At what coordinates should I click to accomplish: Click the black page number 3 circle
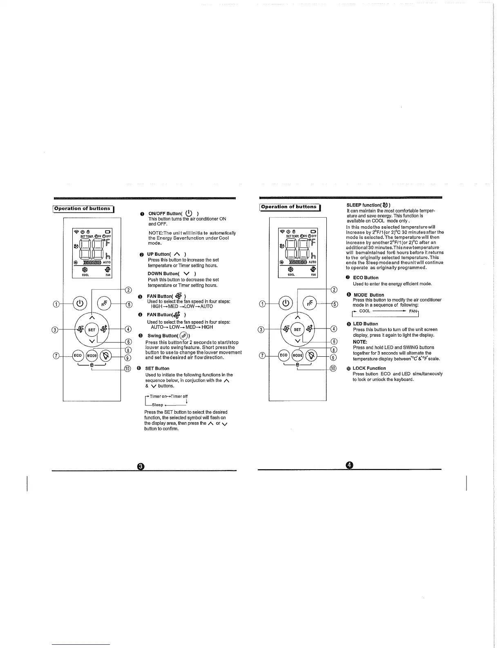(x=141, y=467)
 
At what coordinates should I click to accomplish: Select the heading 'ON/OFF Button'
(x=165, y=214)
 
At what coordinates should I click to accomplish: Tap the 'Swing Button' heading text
(x=163, y=336)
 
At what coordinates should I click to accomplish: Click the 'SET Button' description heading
(x=157, y=369)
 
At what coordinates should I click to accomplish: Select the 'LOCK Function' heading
(x=369, y=368)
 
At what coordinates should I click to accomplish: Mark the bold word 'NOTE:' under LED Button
(x=360, y=342)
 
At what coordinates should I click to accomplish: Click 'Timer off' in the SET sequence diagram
(x=179, y=396)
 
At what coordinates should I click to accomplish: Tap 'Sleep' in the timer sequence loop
(x=158, y=405)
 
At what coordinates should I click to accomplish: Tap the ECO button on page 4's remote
(x=283, y=355)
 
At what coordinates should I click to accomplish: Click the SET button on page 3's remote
(x=92, y=330)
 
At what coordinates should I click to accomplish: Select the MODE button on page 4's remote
(x=298, y=355)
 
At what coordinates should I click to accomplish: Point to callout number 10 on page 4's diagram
(x=333, y=369)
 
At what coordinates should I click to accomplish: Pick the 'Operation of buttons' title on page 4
(x=289, y=207)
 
